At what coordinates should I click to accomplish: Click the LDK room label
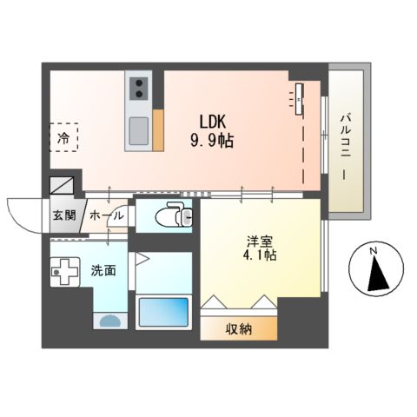click(218, 122)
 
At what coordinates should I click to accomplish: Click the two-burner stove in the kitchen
click(138, 89)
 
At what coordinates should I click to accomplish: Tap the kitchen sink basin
click(139, 131)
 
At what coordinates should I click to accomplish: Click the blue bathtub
click(162, 310)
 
